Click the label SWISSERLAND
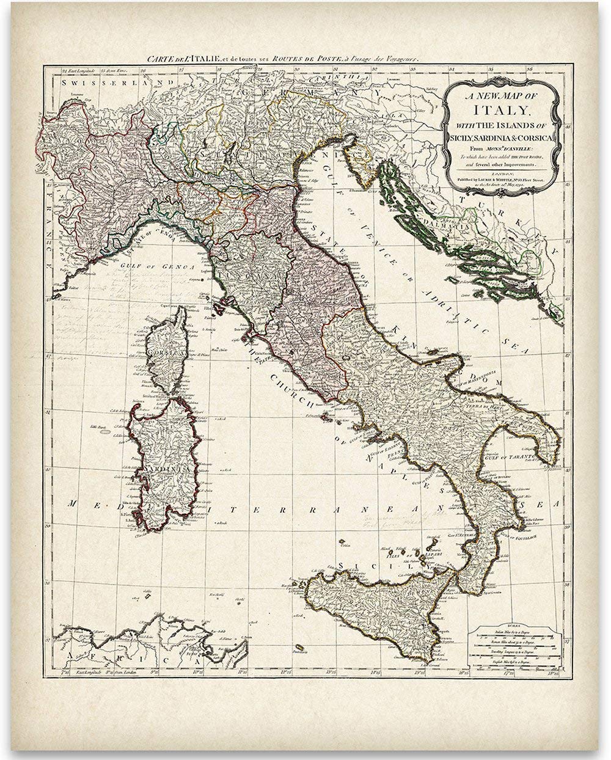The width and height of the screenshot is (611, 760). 86,80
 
